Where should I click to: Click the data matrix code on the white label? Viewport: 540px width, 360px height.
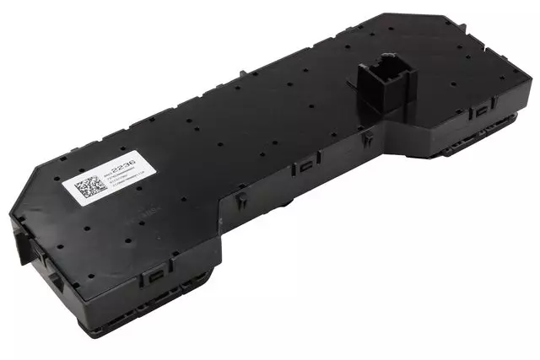click(x=86, y=188)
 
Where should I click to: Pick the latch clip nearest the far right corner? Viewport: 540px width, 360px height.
click(x=482, y=110)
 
